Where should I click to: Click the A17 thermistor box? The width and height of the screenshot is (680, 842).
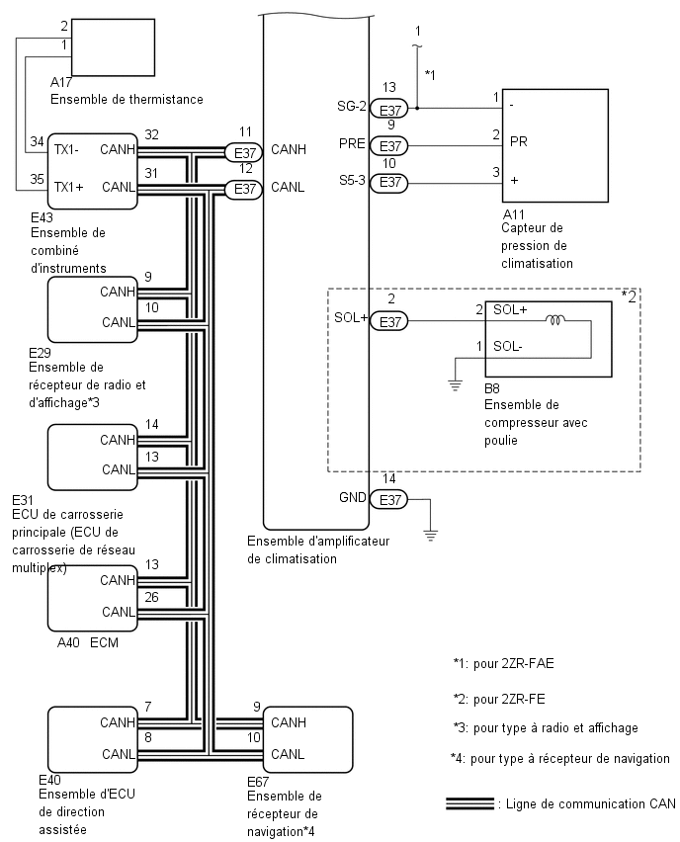click(114, 47)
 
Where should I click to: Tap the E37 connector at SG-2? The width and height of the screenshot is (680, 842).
click(390, 109)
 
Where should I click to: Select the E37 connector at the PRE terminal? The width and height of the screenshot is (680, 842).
click(390, 145)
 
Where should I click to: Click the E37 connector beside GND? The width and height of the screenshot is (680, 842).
click(390, 499)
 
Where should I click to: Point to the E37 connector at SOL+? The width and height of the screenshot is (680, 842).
click(390, 321)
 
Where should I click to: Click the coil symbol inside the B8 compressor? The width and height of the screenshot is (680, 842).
click(555, 320)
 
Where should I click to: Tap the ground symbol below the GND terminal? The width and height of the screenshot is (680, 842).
click(430, 535)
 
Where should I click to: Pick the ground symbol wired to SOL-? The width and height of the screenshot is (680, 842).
click(455, 385)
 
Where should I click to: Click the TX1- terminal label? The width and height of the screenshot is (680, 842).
click(66, 150)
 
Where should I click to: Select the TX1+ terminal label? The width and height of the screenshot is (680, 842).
click(69, 187)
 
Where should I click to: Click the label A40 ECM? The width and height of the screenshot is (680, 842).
click(88, 642)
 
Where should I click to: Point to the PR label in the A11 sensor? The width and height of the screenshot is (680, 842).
click(518, 141)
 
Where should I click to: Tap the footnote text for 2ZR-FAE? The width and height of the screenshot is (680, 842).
click(503, 663)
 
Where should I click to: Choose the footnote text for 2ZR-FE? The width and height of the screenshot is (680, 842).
click(499, 699)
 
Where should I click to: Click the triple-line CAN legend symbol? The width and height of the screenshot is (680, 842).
click(470, 803)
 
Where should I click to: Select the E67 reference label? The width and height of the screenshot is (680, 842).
click(258, 782)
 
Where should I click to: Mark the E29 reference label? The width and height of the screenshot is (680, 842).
click(40, 352)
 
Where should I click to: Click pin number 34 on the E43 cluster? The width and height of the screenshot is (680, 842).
click(37, 141)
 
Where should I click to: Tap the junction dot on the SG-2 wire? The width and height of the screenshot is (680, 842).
click(417, 109)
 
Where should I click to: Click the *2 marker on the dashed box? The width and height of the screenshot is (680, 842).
click(629, 295)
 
